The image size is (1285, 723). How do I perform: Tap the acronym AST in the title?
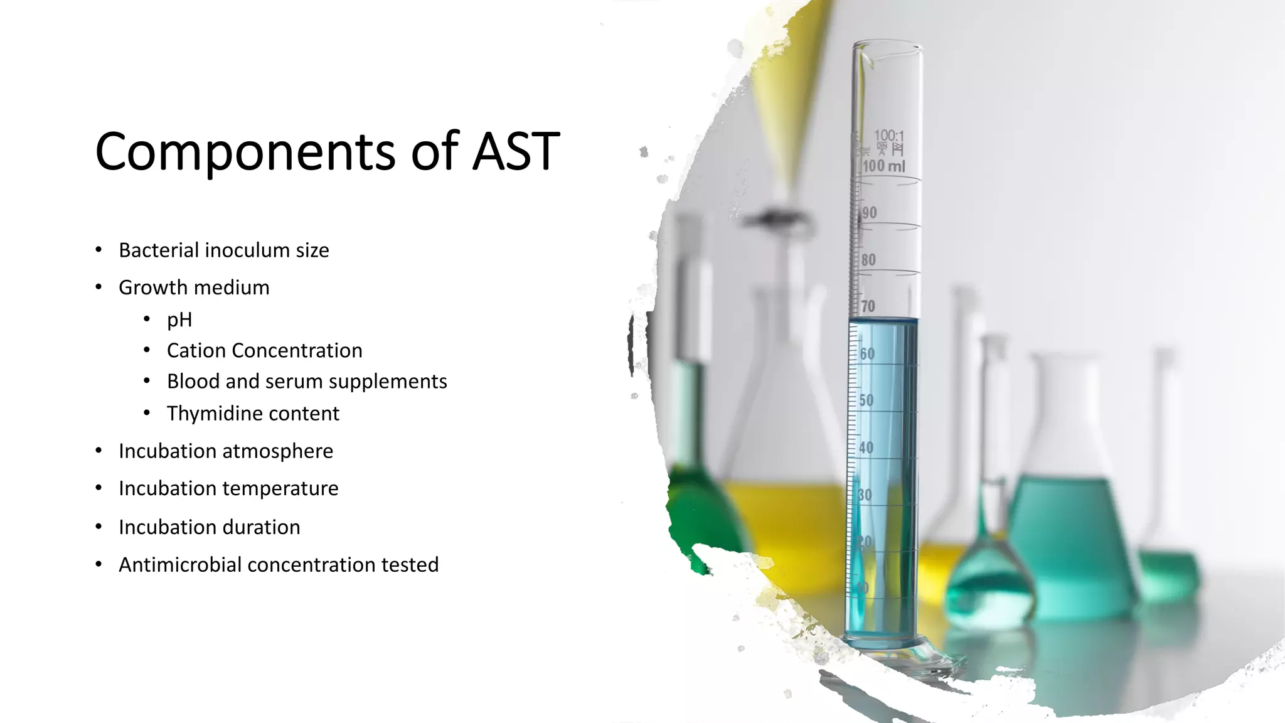(x=515, y=151)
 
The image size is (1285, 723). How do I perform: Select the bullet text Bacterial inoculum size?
(x=223, y=250)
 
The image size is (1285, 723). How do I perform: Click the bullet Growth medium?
(x=194, y=287)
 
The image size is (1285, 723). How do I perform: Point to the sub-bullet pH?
(x=179, y=320)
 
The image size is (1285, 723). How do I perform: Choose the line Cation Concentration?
(x=264, y=350)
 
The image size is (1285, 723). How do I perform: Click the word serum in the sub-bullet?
(x=287, y=382)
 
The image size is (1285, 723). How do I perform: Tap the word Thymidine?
(x=208, y=414)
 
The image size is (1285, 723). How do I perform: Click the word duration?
(x=262, y=527)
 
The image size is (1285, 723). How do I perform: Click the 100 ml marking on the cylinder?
(x=883, y=166)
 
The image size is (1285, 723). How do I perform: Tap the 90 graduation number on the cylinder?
(x=869, y=213)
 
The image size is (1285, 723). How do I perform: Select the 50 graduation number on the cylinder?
(x=866, y=400)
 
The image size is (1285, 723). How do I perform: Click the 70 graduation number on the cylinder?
(x=868, y=306)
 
